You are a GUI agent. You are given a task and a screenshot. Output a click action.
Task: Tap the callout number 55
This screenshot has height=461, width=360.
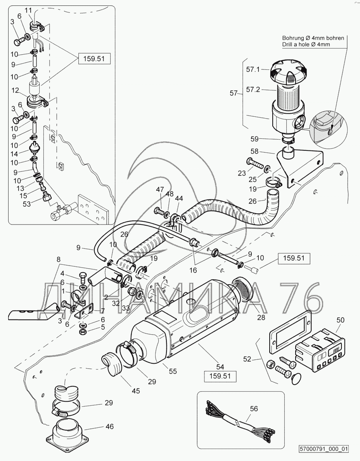172,371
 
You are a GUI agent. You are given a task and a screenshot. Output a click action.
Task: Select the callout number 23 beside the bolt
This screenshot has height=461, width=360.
242,173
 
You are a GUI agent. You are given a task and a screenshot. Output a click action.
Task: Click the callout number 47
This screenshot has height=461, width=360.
160,190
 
